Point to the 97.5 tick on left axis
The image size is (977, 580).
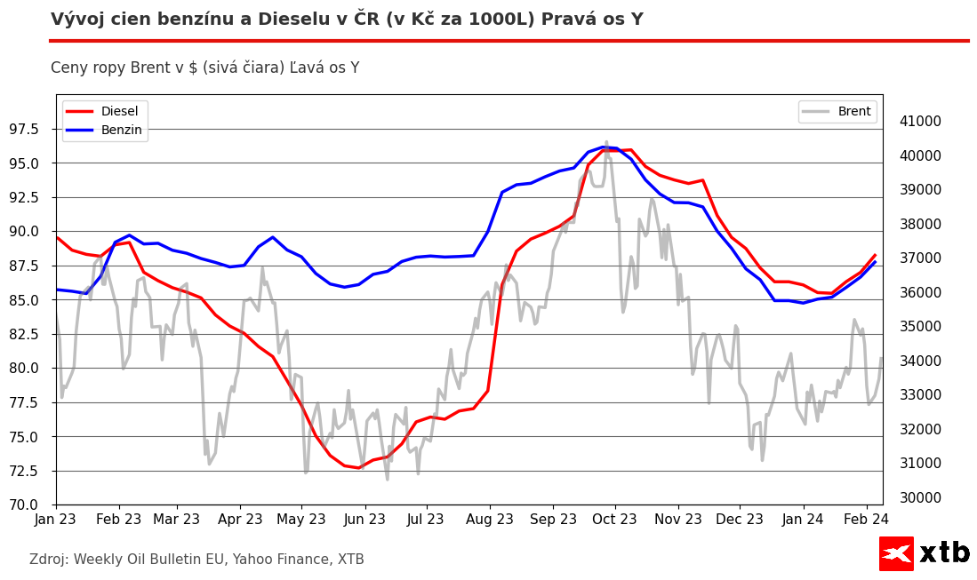(31, 130)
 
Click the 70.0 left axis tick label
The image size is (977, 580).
(31, 505)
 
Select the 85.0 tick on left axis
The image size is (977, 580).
(31, 300)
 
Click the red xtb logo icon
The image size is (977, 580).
(896, 553)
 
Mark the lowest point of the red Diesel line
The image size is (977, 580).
(359, 467)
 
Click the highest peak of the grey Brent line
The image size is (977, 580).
(607, 142)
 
